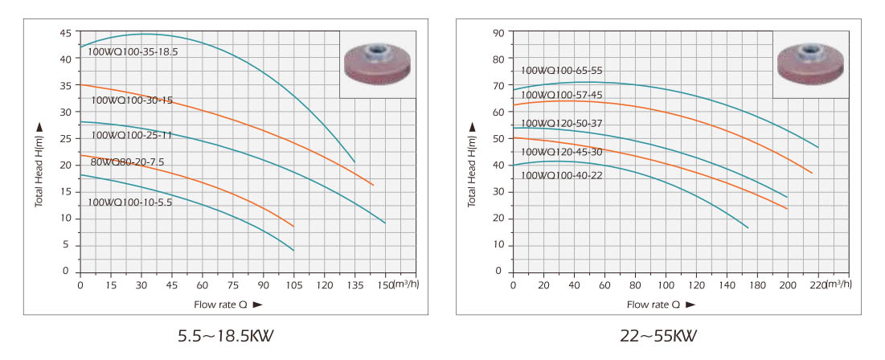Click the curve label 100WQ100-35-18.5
(x=133, y=51)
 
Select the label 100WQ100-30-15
(x=132, y=101)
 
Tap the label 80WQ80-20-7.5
(x=129, y=162)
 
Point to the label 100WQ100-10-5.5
(x=130, y=202)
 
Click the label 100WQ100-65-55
(x=562, y=71)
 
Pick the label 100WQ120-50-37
(x=562, y=123)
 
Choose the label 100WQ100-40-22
(x=562, y=175)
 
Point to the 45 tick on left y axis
(x=64, y=33)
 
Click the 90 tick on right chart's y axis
(x=498, y=33)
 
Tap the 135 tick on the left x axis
(x=354, y=285)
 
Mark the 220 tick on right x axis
(x=818, y=285)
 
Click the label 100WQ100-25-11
(x=132, y=135)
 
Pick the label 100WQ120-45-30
(x=562, y=151)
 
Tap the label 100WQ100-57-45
(x=562, y=95)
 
